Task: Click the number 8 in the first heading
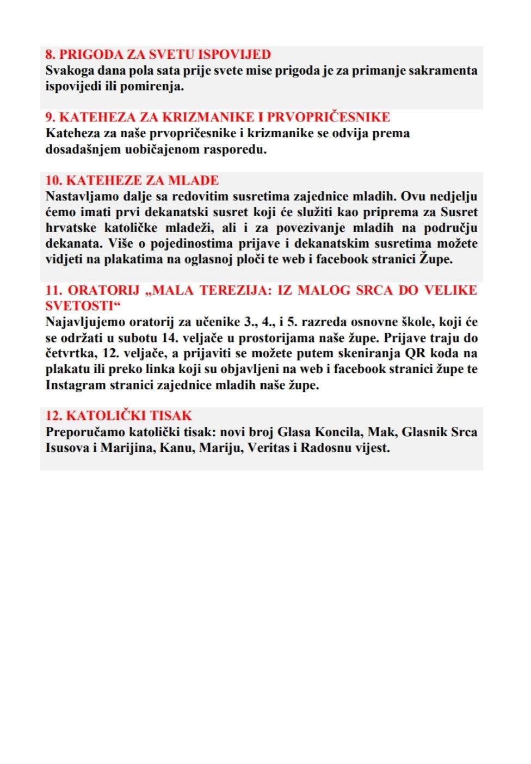click(x=49, y=54)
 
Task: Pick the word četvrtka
click(x=70, y=353)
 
